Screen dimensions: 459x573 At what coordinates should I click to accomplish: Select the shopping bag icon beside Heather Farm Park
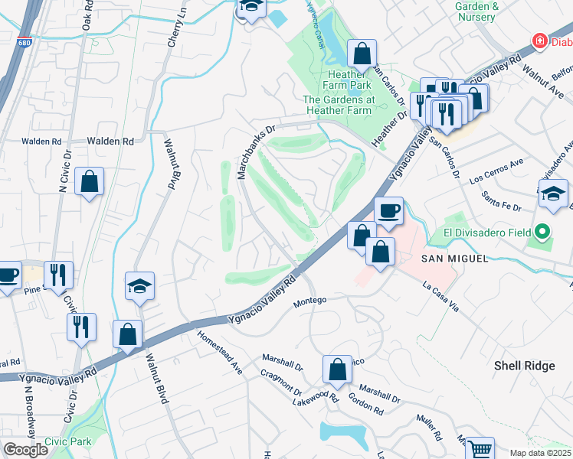[362, 54]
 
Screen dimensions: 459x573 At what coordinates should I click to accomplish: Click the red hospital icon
[541, 40]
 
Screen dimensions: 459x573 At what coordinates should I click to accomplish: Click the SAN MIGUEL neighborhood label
[454, 259]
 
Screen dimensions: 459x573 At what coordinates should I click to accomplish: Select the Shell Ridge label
[524, 366]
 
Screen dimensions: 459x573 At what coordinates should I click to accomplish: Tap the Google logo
[25, 450]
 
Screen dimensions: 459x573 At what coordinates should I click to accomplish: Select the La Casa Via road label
[440, 296]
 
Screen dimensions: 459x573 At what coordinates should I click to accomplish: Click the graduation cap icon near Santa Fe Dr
[553, 194]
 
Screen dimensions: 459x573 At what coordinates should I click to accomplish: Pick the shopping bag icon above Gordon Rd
[337, 369]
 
